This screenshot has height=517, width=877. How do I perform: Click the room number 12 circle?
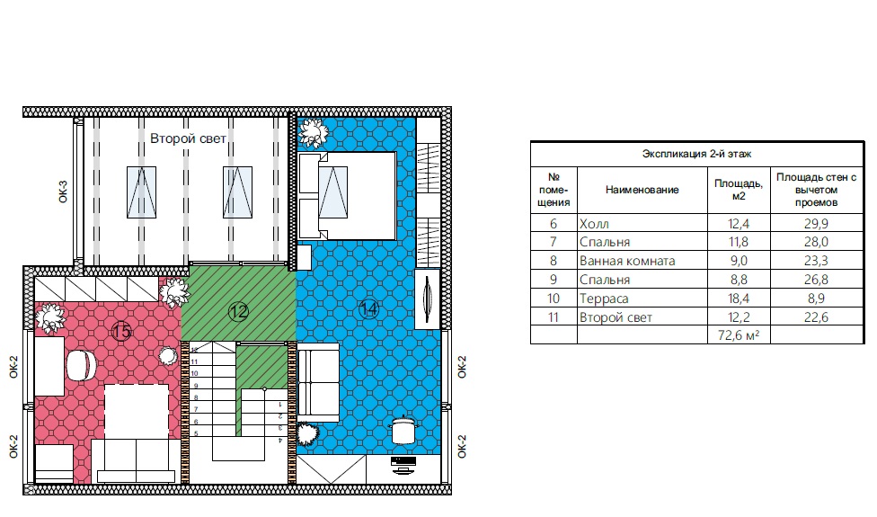point(238,312)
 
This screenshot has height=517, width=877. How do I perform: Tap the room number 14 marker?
point(368,309)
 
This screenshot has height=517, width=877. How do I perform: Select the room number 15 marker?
point(121,331)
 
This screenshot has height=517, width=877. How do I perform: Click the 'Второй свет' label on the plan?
point(188,138)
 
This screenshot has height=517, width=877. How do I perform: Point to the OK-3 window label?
point(63,192)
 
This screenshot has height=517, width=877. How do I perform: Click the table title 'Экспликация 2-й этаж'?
point(696,154)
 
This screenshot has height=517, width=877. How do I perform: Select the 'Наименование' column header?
point(642,190)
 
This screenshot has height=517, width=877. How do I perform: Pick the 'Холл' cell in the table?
point(594,224)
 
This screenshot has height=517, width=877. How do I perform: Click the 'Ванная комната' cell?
point(627,261)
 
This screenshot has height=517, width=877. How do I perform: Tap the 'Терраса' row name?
point(604,299)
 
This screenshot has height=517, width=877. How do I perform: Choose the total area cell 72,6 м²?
point(739,335)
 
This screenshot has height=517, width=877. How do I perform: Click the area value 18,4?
point(739,299)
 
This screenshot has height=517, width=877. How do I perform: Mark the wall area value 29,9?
point(816,224)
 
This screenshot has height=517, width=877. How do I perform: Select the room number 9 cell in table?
point(554,280)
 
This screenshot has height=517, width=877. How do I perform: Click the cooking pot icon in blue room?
point(404,430)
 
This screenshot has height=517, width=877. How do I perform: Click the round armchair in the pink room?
point(82,365)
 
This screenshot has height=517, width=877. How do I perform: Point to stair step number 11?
point(195,362)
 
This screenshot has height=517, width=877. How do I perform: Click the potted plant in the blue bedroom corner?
point(312,133)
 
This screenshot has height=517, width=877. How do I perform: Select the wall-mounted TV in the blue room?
point(428,299)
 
